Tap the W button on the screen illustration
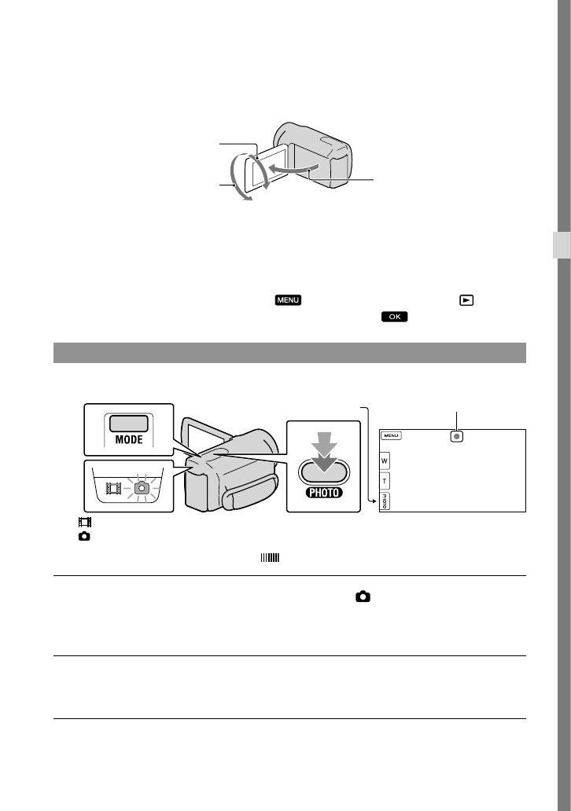pos(385,461)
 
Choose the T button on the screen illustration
pos(385,481)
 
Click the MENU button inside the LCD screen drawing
pos(393,435)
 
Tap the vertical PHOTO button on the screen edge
pos(385,501)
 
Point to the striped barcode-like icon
pos(269,559)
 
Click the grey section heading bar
pos(289,353)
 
